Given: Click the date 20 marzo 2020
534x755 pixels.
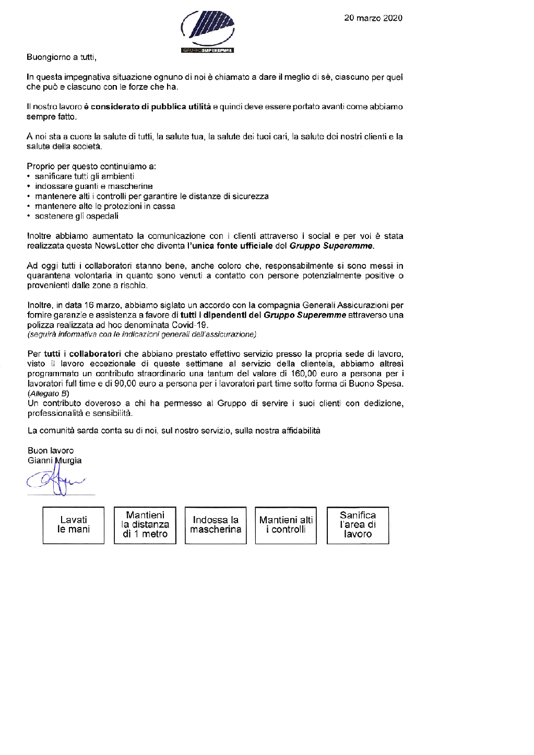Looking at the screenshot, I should (373, 18).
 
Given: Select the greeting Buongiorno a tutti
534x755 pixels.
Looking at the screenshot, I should (62, 57).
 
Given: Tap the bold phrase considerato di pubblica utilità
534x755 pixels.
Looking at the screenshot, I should (151, 107).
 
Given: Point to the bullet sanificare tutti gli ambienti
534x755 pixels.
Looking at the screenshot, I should (84, 176).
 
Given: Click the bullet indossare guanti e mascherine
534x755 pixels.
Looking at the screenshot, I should (93, 186).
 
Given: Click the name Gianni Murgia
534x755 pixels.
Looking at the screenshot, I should (54, 461).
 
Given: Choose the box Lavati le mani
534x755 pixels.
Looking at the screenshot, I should (73, 525).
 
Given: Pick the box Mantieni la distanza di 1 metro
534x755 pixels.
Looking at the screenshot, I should (145, 525).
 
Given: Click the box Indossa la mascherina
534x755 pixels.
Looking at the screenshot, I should (216, 525).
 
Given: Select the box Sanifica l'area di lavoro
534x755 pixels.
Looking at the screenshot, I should (358, 525).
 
